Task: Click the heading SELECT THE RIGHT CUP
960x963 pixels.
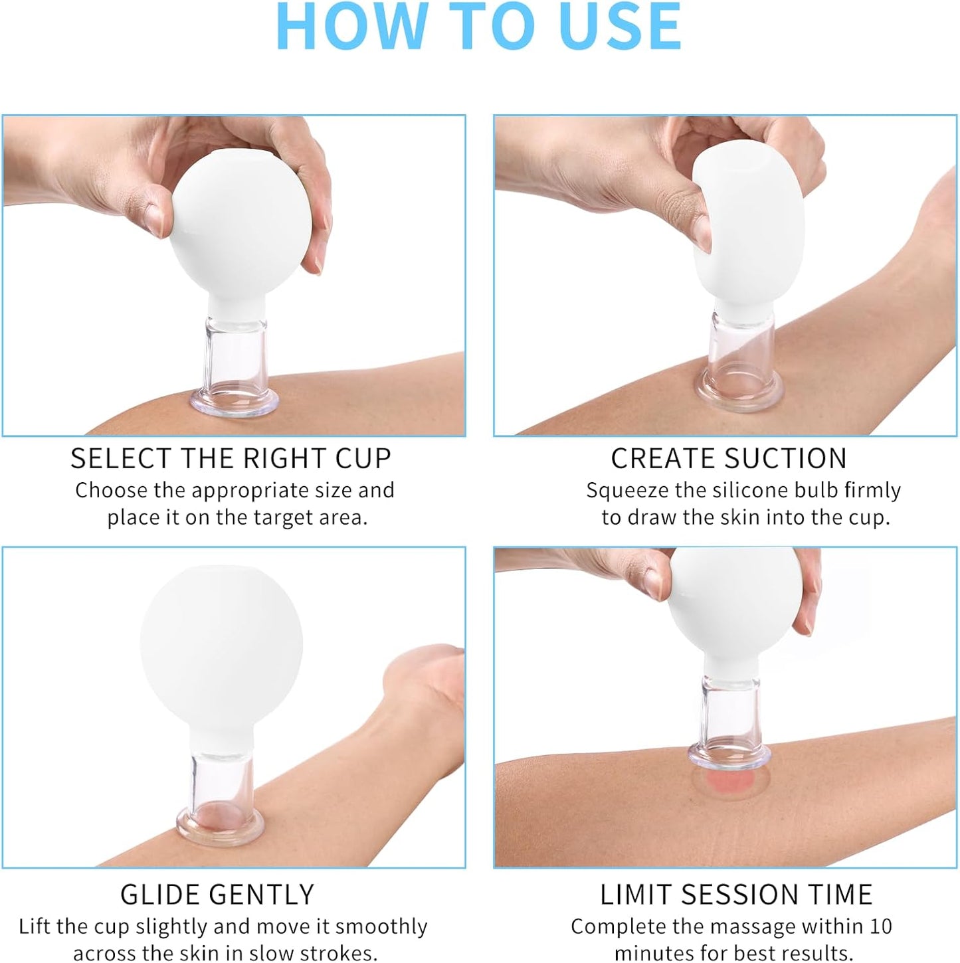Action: pos(231,459)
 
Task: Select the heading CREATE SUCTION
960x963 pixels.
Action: pos(729,459)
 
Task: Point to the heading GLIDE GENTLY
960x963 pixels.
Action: pos(217,895)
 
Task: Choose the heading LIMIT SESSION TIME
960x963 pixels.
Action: pos(736,895)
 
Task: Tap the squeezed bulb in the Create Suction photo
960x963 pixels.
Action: pos(751,219)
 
